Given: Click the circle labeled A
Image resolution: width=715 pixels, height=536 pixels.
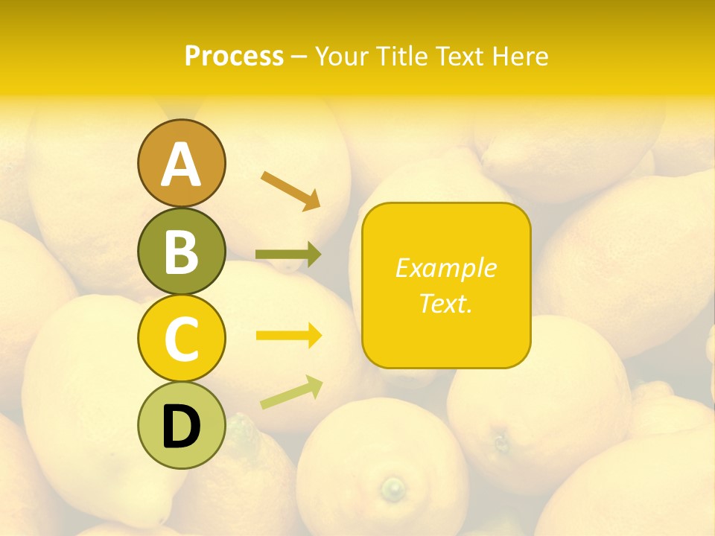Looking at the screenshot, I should coord(181,163).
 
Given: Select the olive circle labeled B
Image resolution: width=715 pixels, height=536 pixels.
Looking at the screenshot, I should coord(181,251).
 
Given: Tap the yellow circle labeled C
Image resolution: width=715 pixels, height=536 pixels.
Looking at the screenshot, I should coord(181,338).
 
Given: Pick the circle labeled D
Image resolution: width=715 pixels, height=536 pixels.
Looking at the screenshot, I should coord(181,426).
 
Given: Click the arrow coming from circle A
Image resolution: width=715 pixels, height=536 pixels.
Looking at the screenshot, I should coord(290,190).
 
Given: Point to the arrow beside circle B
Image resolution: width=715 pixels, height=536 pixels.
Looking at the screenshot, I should coord(288,255).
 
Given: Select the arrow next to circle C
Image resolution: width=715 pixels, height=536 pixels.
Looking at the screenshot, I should coord(288,336).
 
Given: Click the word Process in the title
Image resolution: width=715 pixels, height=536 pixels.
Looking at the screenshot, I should coord(234,57).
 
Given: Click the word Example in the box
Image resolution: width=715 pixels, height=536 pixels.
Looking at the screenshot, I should coord(445,268).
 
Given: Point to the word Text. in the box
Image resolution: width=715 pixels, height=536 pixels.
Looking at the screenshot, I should coord(445,303).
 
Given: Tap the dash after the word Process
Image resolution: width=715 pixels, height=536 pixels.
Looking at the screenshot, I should coord(299,57).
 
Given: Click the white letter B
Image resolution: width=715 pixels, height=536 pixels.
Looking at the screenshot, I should coord(181,252).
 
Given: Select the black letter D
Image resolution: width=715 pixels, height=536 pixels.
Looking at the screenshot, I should coord(181,427).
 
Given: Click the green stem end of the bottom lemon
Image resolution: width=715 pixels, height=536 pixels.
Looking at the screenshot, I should coord(393,489).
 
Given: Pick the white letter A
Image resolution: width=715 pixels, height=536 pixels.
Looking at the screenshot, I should coord(181,164).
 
